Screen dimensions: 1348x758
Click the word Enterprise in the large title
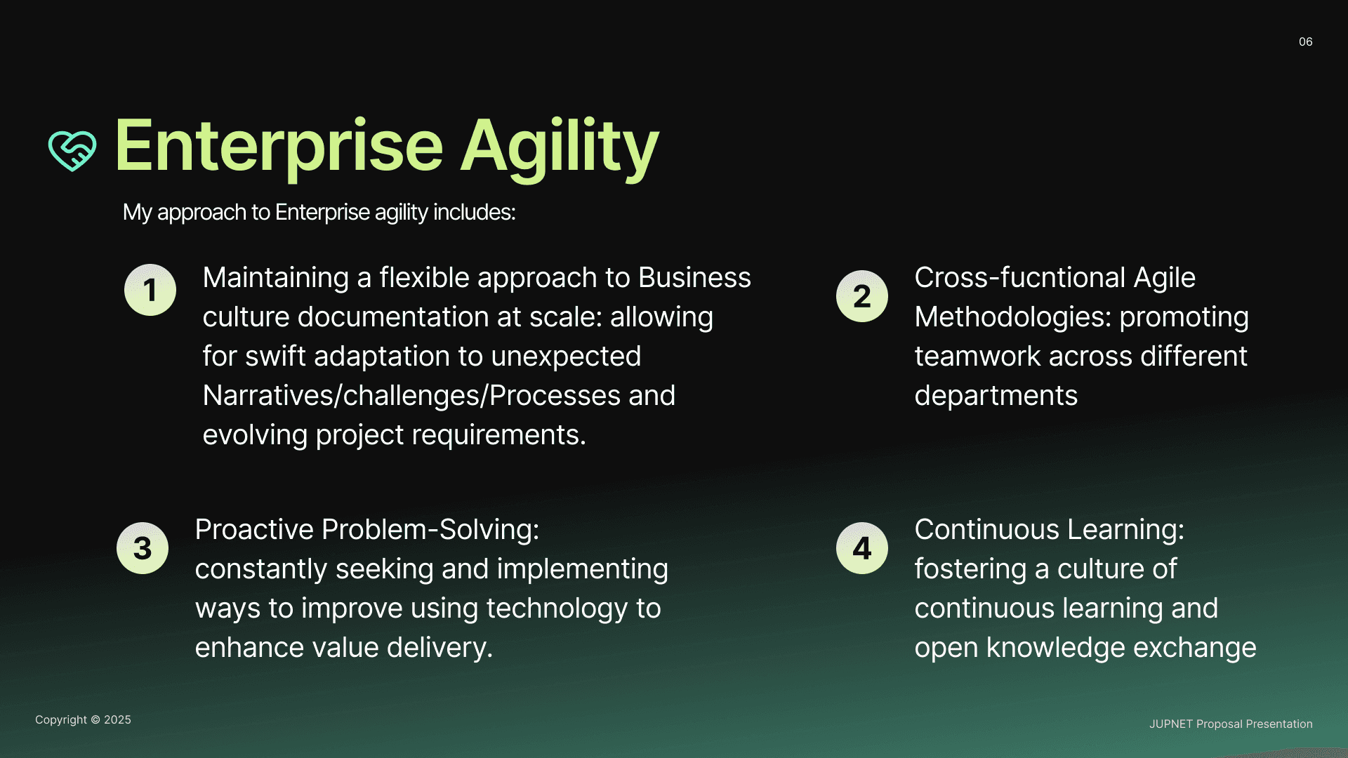click(279, 147)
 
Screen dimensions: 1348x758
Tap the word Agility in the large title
click(560, 147)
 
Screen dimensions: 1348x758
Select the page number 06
click(1305, 42)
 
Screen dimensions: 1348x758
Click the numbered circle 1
click(150, 290)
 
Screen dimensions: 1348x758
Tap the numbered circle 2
click(862, 296)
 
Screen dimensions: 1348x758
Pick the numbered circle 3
click(143, 548)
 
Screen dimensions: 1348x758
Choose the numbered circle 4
click(862, 548)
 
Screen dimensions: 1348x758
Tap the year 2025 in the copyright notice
click(117, 720)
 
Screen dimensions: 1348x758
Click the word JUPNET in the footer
click(1171, 724)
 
